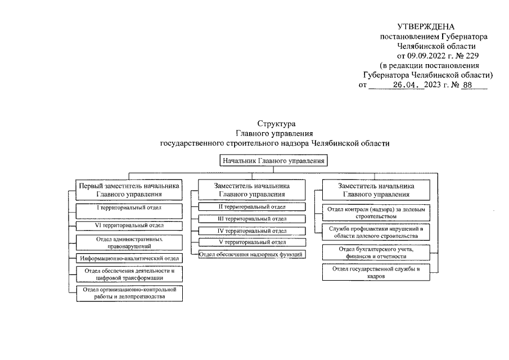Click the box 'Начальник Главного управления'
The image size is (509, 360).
(273, 161)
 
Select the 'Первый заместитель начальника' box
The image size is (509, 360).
(129, 190)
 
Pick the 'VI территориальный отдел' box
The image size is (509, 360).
(129, 226)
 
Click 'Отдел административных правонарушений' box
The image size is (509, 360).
(129, 242)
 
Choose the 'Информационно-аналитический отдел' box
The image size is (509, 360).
(129, 259)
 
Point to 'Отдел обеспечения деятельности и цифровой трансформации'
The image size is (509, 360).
(129, 274)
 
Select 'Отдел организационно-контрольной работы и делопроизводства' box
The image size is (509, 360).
(129, 293)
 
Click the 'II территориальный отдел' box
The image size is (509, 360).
(251, 208)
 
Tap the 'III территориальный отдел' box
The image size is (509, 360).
(251, 219)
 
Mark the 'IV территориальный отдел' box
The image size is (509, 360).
(251, 231)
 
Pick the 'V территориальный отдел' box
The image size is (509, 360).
(251, 242)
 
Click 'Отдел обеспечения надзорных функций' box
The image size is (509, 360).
(251, 255)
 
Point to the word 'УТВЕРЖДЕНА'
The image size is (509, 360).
(425, 27)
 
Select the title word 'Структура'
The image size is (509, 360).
(273, 124)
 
